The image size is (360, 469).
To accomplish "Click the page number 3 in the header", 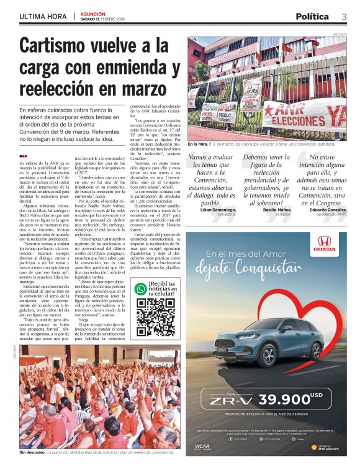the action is point(344,16).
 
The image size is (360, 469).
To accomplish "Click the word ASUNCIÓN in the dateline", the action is point(92,12).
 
